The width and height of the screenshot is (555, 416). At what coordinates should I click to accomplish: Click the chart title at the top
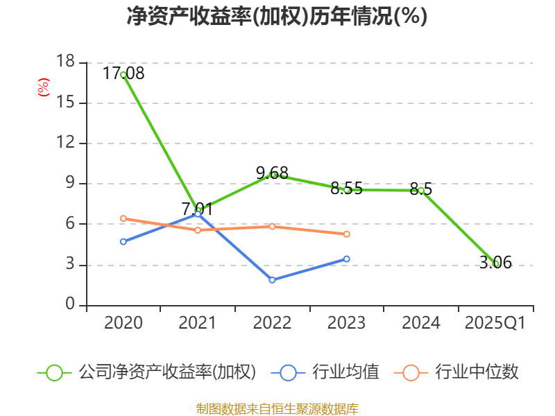277,16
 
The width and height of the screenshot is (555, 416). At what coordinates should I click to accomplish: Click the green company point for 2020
123,74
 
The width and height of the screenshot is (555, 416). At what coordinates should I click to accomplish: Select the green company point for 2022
273,175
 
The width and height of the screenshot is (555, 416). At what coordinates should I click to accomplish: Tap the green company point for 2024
421,190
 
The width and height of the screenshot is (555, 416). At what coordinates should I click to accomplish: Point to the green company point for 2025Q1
495,263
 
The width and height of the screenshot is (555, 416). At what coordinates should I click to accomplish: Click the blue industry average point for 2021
198,214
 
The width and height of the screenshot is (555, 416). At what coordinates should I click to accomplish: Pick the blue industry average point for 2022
273,280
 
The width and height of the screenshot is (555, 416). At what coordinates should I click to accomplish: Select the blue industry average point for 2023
347,259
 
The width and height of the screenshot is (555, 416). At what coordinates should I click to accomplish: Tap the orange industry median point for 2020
123,218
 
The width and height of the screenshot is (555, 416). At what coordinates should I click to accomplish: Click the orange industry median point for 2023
347,234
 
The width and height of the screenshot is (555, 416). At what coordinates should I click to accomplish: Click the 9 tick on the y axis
69,184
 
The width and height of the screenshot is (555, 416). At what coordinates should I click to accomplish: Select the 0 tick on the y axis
69,305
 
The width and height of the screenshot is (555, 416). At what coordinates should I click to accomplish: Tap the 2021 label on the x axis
198,323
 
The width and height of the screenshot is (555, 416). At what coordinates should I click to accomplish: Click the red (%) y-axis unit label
44,87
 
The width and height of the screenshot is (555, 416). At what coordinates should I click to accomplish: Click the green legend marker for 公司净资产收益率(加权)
55,372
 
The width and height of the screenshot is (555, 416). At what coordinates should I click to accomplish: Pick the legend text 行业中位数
477,372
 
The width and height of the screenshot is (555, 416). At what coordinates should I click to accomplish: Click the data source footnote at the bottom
277,408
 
